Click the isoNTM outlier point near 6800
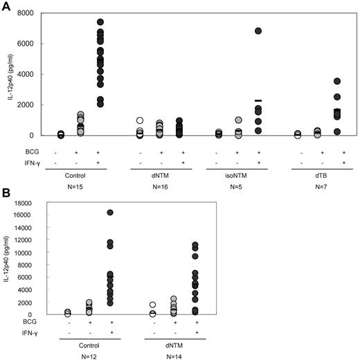pos(258,31)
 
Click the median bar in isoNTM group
pos(258,100)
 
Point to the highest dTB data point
pos(338,82)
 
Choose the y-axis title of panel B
pos(10,258)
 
